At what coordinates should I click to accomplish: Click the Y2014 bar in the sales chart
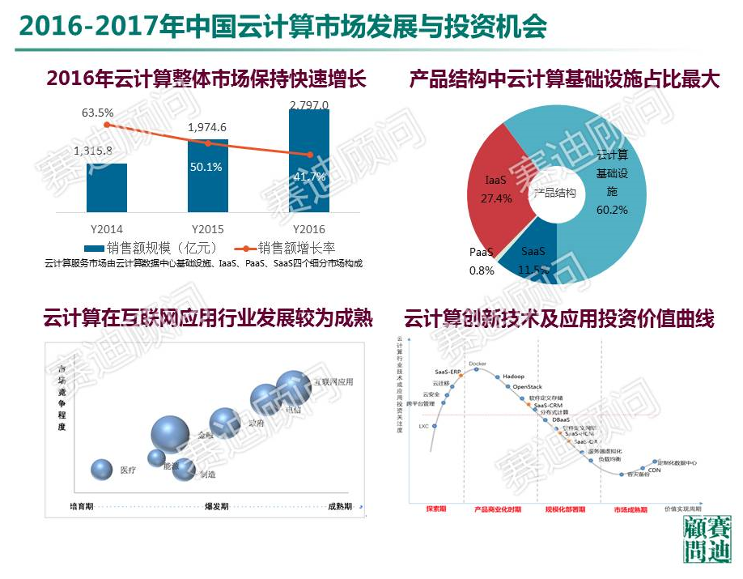click(106, 188)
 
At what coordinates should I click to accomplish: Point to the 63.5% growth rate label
click(98, 113)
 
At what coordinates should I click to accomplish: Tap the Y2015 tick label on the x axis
click(207, 229)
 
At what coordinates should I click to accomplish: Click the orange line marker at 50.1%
click(208, 143)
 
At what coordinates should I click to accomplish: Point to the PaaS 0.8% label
click(482, 261)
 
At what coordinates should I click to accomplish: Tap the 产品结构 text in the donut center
click(554, 193)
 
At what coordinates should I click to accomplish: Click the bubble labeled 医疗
click(102, 469)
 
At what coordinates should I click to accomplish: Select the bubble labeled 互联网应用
click(293, 384)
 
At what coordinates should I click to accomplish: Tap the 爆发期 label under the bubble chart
click(216, 506)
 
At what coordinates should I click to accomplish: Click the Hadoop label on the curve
click(513, 377)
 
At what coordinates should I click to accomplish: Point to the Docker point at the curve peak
click(477, 369)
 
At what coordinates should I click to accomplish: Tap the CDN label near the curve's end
click(655, 469)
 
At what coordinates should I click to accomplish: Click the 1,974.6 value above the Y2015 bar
click(207, 127)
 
